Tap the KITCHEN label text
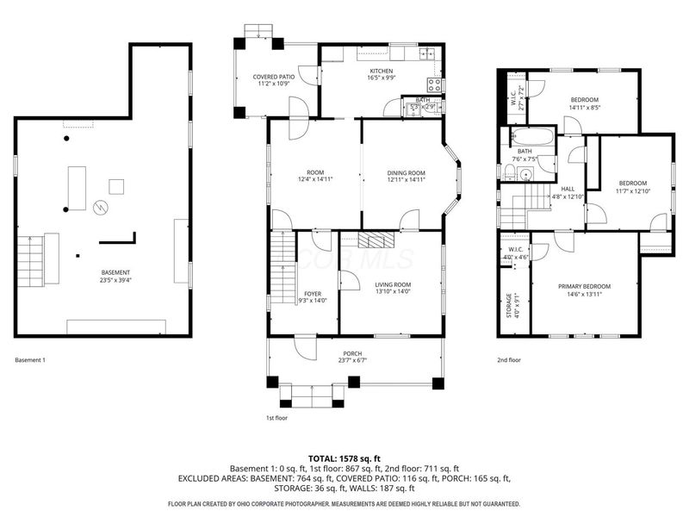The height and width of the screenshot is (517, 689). (x=382, y=71)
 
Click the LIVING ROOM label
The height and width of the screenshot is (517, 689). (x=392, y=284)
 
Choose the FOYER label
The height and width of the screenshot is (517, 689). (x=312, y=294)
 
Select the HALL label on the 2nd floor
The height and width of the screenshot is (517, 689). (x=568, y=190)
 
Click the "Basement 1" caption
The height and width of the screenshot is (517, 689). (x=29, y=360)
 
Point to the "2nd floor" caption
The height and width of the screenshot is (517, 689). (x=509, y=360)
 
